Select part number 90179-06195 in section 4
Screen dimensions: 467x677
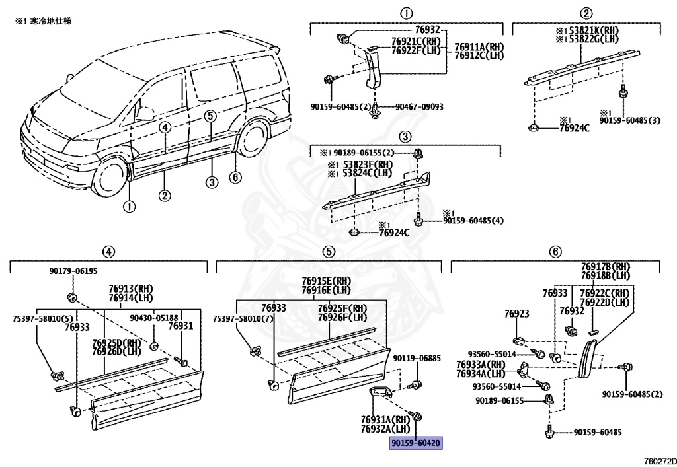[73, 271]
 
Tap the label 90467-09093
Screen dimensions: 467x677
[419, 107]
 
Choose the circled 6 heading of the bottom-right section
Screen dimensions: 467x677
[555, 251]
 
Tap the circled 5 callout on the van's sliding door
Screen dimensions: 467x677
[210, 117]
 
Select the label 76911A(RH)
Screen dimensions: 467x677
[479, 46]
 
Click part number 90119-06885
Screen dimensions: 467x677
[417, 359]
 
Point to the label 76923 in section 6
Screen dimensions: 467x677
[516, 314]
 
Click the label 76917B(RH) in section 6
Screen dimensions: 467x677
[605, 267]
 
